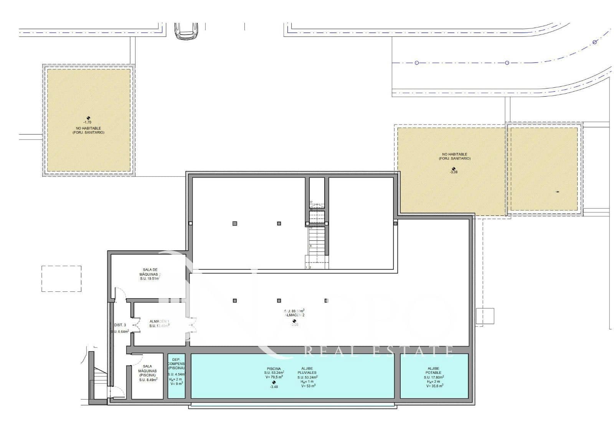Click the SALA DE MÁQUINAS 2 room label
[150, 272]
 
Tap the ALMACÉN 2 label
[294, 315]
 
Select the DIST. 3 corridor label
[120, 325]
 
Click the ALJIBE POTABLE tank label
[433, 370]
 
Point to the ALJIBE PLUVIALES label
[307, 370]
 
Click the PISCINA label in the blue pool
[274, 368]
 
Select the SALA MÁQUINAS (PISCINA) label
[147, 371]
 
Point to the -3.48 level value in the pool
[274, 386]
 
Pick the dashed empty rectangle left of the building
[61, 279]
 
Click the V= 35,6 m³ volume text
[434, 386]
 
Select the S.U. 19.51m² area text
[150, 279]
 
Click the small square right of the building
[485, 316]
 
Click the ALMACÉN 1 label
[159, 321]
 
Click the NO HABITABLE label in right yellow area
[454, 154]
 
